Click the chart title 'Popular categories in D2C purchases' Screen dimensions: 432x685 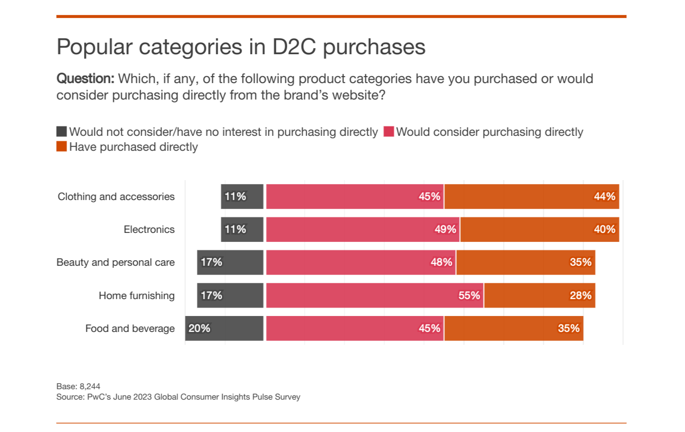[241, 47]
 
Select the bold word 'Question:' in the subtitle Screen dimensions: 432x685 [86, 79]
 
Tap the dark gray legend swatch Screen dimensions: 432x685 [62, 132]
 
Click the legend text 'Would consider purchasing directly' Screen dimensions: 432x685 [490, 132]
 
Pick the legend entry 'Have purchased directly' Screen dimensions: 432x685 [133, 147]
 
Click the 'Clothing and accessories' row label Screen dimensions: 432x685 [116, 197]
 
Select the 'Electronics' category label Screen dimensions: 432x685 [149, 229]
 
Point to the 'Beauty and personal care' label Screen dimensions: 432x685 [115, 262]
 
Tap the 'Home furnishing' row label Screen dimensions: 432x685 [137, 296]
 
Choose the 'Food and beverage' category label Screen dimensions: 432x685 [130, 328]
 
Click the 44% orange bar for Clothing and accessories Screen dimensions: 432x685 [531, 197]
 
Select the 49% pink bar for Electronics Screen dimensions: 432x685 [363, 229]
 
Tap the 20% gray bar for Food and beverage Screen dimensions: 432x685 [224, 328]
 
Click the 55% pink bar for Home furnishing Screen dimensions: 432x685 [375, 296]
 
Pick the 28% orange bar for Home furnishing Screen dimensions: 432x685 [539, 296]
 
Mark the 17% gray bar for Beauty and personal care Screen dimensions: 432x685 [230, 262]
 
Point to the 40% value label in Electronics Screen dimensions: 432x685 [604, 229]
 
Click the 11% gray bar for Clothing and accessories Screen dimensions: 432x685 [242, 197]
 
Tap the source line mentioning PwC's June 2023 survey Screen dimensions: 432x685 [178, 397]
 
